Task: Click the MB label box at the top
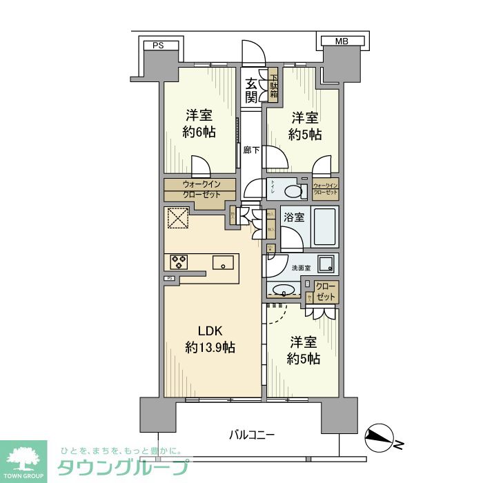[341, 41]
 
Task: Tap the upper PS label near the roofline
[159, 46]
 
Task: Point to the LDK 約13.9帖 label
[210, 339]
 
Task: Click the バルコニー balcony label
[252, 435]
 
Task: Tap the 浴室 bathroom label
[295, 217]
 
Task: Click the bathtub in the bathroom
[324, 226]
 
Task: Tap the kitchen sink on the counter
[223, 262]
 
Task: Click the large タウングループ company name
[121, 467]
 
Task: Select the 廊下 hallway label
[251, 150]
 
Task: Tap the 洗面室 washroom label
[300, 267]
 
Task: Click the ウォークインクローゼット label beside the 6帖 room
[201, 189]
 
